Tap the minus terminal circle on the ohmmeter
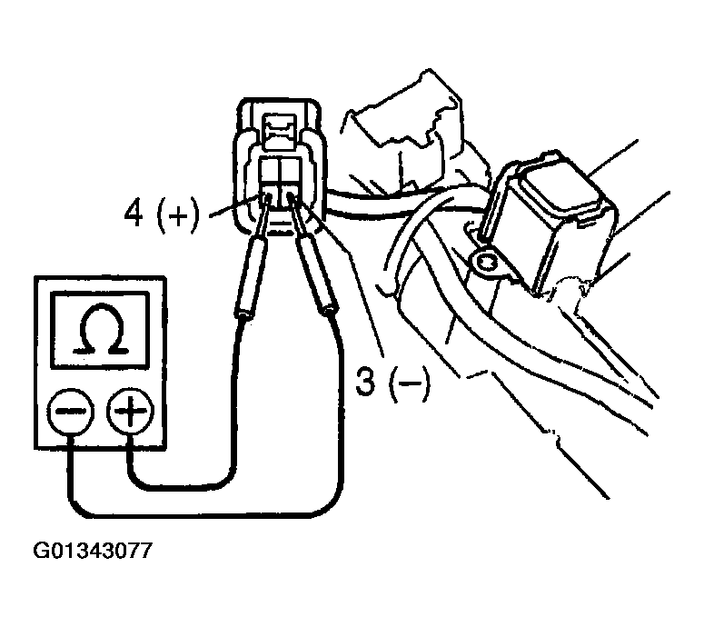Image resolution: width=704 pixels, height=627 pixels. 70,414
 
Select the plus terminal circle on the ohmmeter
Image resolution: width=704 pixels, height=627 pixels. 127,414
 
